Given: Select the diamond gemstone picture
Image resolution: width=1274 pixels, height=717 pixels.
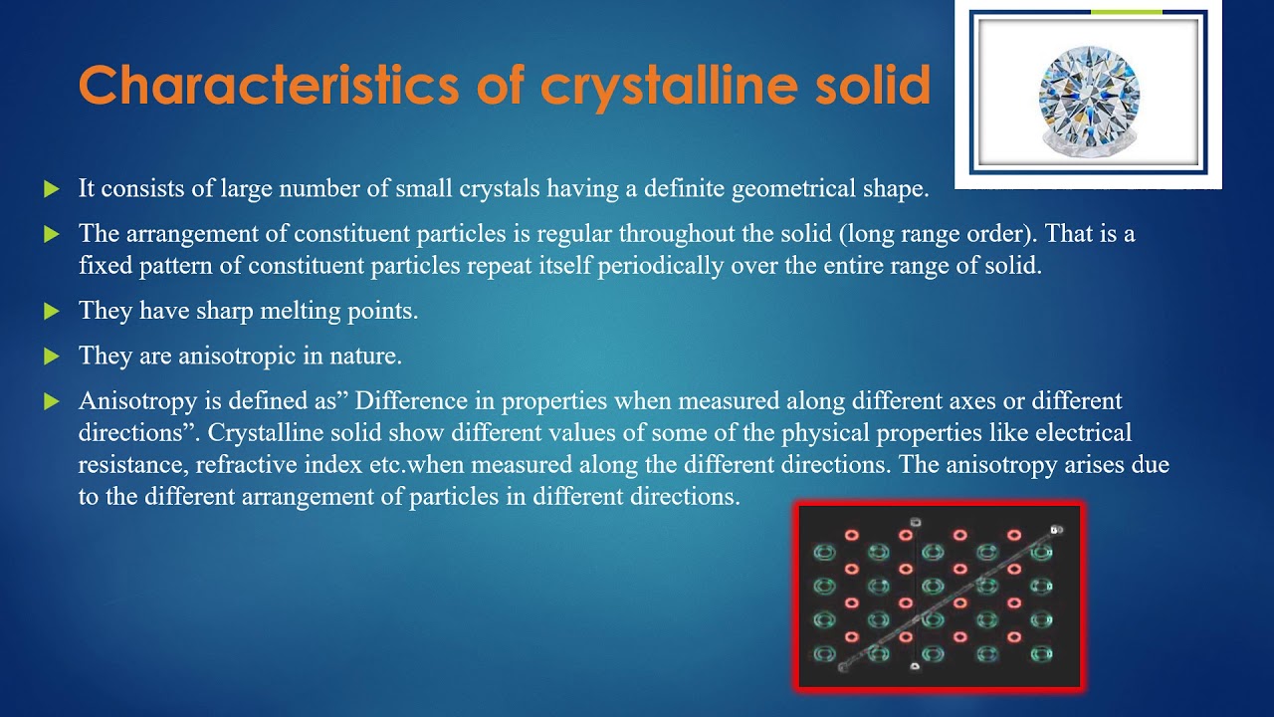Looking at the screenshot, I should (x=1088, y=97).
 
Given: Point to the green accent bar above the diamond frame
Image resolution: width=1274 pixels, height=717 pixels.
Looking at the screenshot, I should (x=1126, y=12).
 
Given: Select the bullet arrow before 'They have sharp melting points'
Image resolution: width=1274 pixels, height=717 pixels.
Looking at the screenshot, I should (x=52, y=312).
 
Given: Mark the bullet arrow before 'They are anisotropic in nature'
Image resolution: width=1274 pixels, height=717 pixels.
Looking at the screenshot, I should (x=52, y=356).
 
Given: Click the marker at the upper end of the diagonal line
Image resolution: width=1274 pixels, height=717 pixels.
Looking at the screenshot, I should (x=1056, y=530).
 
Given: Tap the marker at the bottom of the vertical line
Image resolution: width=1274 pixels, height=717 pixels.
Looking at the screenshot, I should (x=915, y=666).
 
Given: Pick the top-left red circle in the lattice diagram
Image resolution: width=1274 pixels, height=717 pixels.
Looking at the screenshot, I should (x=851, y=535).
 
